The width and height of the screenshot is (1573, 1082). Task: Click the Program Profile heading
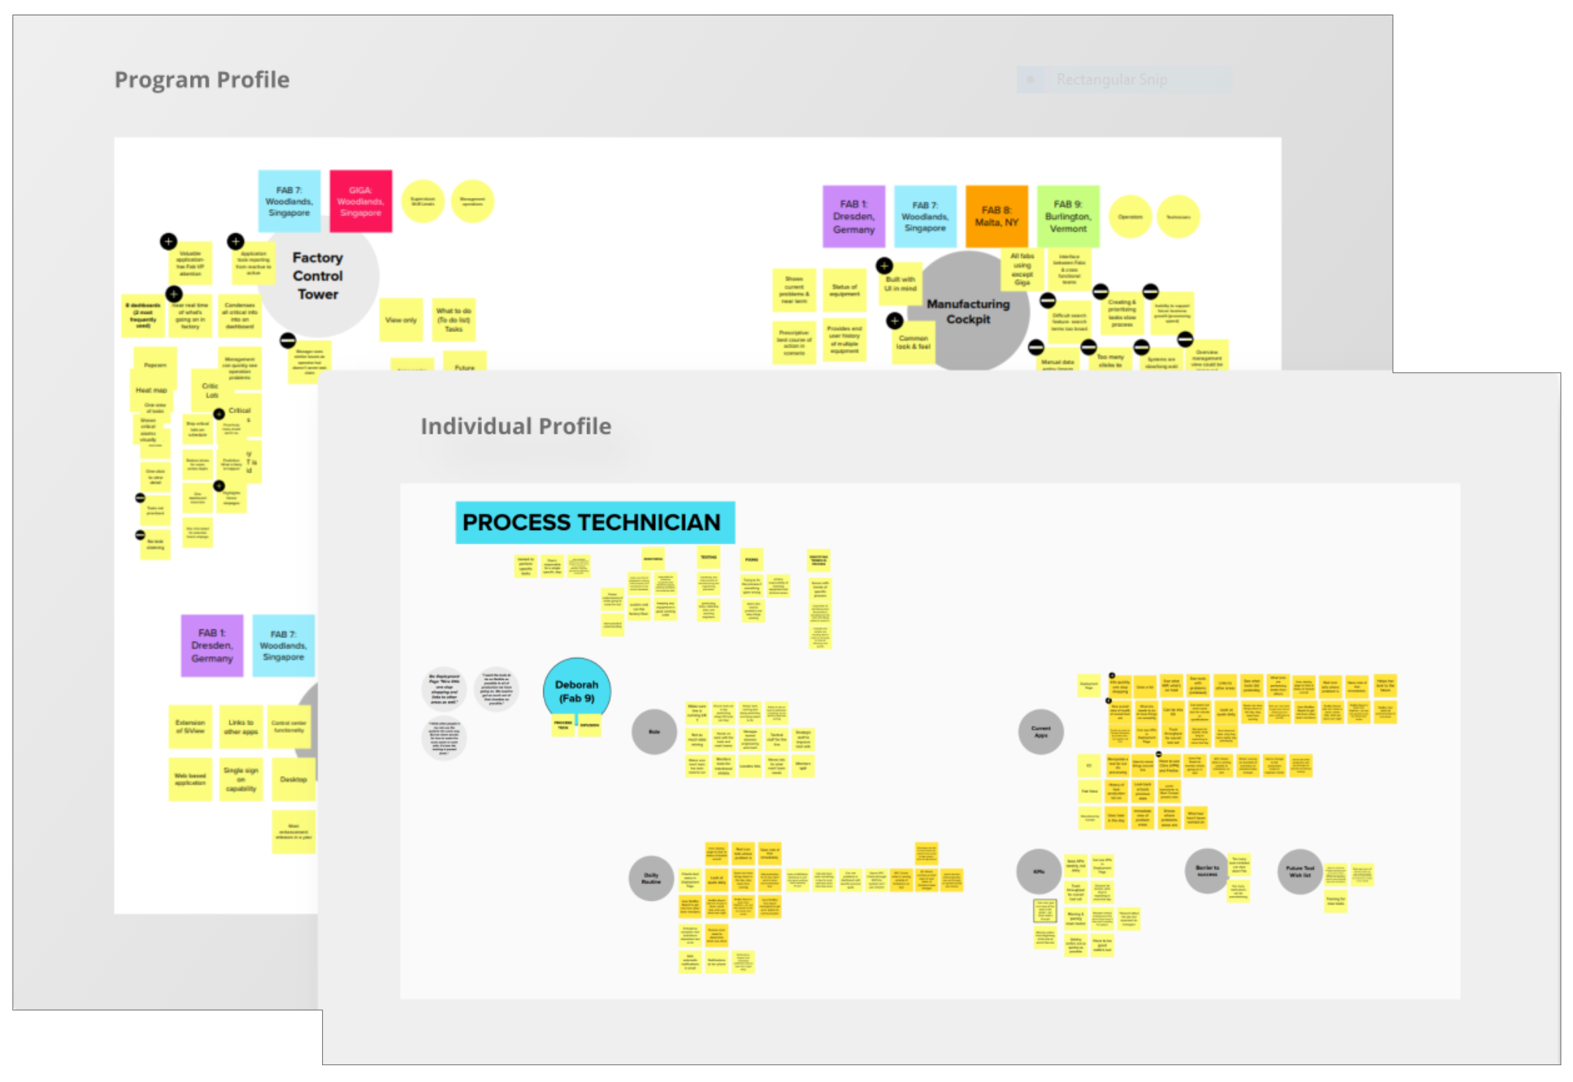click(202, 80)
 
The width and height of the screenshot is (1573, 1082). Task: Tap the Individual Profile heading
click(516, 426)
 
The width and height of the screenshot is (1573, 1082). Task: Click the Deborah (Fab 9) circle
click(576, 690)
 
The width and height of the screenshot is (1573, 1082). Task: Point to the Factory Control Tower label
click(318, 276)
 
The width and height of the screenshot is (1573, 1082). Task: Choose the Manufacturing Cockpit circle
click(968, 312)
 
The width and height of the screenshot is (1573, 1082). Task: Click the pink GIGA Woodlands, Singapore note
click(361, 202)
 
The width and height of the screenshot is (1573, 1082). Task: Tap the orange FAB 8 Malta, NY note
click(996, 217)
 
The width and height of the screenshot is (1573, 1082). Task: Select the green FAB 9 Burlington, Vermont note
click(1068, 217)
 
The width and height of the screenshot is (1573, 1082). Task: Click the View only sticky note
click(401, 320)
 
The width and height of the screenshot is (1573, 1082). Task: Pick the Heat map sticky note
click(151, 391)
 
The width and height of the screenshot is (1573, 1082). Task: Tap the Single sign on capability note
click(241, 779)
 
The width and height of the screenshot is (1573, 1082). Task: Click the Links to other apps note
click(241, 726)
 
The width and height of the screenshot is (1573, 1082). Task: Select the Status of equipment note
click(844, 290)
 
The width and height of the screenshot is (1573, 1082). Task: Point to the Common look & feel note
click(914, 342)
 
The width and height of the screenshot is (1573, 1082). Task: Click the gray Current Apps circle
click(1041, 732)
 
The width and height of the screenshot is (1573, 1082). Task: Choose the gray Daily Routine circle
click(651, 878)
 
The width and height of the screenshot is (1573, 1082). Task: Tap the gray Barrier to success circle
click(1206, 870)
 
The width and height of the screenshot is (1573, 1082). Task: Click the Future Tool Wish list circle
click(1300, 871)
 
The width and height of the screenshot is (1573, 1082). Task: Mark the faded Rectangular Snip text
click(1111, 80)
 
